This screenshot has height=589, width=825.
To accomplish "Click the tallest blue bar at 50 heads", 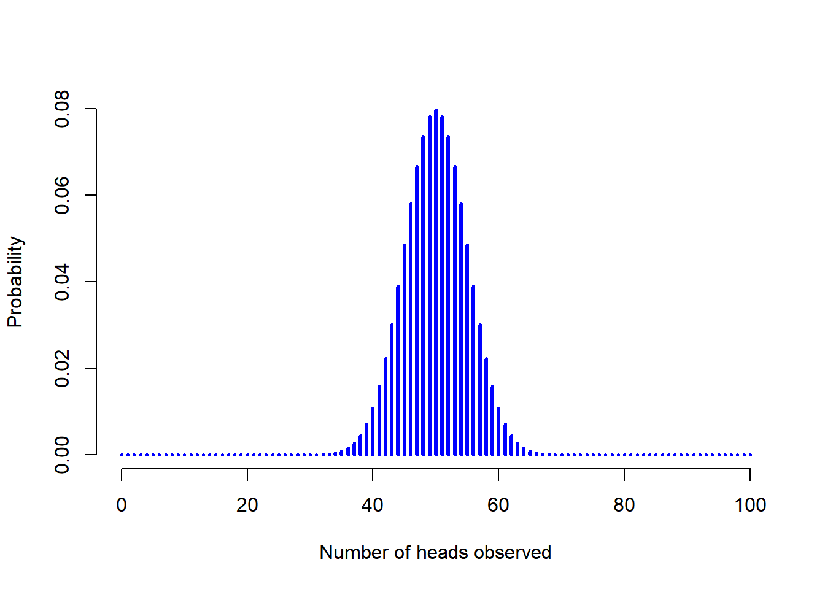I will [x=436, y=282].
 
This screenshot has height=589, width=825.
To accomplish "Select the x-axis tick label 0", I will [x=122, y=505].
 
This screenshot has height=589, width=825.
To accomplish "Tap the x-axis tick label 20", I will [x=247, y=505].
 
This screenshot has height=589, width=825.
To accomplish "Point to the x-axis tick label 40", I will [x=373, y=505].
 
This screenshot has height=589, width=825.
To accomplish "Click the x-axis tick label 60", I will [x=498, y=505].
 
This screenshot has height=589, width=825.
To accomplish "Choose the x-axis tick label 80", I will [x=624, y=505].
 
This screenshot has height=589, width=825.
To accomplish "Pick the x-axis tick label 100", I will [x=750, y=505].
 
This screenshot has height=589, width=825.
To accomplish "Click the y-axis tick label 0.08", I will [x=63, y=109].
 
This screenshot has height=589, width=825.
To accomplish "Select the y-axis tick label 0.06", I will [x=63, y=196].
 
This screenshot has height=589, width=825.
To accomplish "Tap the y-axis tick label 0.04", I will [x=63, y=282].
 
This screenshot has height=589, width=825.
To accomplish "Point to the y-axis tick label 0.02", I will [x=63, y=369].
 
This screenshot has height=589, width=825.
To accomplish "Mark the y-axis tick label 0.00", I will [x=63, y=455].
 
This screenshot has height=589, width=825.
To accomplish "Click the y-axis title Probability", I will [x=15, y=282].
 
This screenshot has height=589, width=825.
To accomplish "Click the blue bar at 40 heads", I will [x=373, y=432].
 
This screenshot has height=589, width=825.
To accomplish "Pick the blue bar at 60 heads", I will [x=498, y=432].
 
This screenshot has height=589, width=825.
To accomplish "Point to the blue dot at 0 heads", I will [x=122, y=455].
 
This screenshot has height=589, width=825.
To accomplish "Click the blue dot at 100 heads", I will [x=750, y=455].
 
